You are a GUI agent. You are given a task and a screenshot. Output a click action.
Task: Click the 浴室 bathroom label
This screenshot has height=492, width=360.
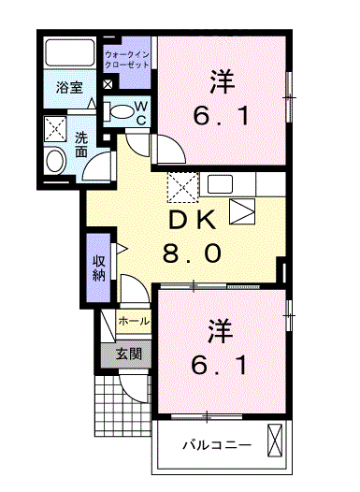point(67,88)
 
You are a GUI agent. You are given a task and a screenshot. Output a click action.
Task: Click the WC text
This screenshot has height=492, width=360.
point(139,113)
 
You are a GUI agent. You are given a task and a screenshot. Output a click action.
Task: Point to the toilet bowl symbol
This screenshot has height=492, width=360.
point(120,111)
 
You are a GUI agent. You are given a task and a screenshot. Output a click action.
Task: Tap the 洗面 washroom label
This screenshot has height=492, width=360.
point(82,144)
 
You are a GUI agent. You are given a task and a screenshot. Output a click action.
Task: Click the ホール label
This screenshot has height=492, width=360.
point(132,321)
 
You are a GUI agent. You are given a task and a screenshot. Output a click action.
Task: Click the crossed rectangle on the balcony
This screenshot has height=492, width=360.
point(275,441)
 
